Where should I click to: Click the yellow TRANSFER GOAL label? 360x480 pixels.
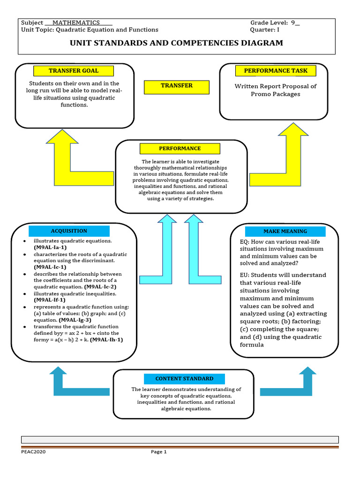tap(74, 71)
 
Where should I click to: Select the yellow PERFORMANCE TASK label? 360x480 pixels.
tap(276, 71)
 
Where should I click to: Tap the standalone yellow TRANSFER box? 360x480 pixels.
tap(177, 87)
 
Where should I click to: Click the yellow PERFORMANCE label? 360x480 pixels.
tap(180, 149)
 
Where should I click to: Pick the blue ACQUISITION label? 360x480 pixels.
tap(69, 231)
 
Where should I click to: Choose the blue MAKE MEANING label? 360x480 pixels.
tap(285, 231)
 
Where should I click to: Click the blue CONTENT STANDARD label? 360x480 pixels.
tap(184, 379)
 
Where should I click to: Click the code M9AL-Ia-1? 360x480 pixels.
tap(50, 247)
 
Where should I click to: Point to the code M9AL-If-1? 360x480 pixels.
tap(50, 300)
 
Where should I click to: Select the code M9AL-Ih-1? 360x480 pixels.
tap(106, 340)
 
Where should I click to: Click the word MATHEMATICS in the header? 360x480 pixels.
tap(76, 22)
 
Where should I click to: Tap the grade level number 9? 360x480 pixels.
tap(293, 22)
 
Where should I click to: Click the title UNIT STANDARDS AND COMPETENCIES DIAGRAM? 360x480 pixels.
tap(176, 43)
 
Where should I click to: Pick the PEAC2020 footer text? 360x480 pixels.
tap(33, 452)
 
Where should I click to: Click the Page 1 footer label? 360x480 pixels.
tap(158, 452)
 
